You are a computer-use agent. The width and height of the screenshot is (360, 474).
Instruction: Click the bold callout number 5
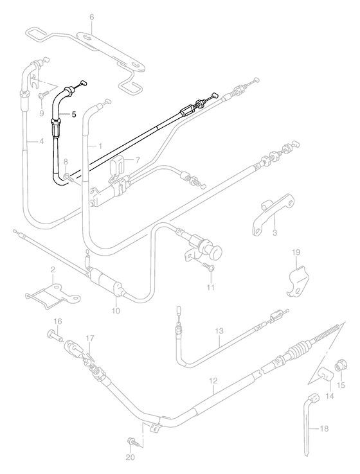point(74,114)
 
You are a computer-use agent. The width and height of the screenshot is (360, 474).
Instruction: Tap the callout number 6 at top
point(92,17)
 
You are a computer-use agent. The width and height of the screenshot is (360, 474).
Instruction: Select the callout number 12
point(213,381)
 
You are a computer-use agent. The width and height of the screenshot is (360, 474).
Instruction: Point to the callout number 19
point(296,252)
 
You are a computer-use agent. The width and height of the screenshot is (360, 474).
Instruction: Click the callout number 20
point(130,458)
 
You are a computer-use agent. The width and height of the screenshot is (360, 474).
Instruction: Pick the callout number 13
point(219,331)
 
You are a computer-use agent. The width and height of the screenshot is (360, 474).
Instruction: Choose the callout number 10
point(116,310)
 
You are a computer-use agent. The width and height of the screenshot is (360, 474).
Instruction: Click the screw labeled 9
point(44,95)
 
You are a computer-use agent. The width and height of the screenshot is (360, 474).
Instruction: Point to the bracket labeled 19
point(298,281)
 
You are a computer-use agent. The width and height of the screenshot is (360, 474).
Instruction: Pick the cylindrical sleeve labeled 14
point(325,375)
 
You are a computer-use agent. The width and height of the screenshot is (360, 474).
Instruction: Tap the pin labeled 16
point(55,336)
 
